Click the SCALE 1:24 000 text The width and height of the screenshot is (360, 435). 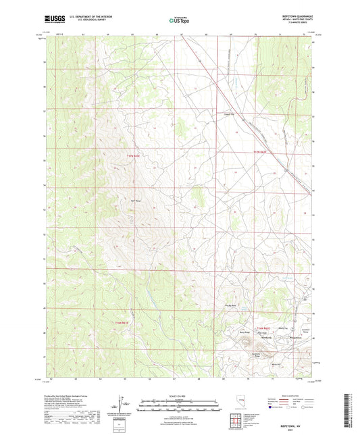179,395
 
